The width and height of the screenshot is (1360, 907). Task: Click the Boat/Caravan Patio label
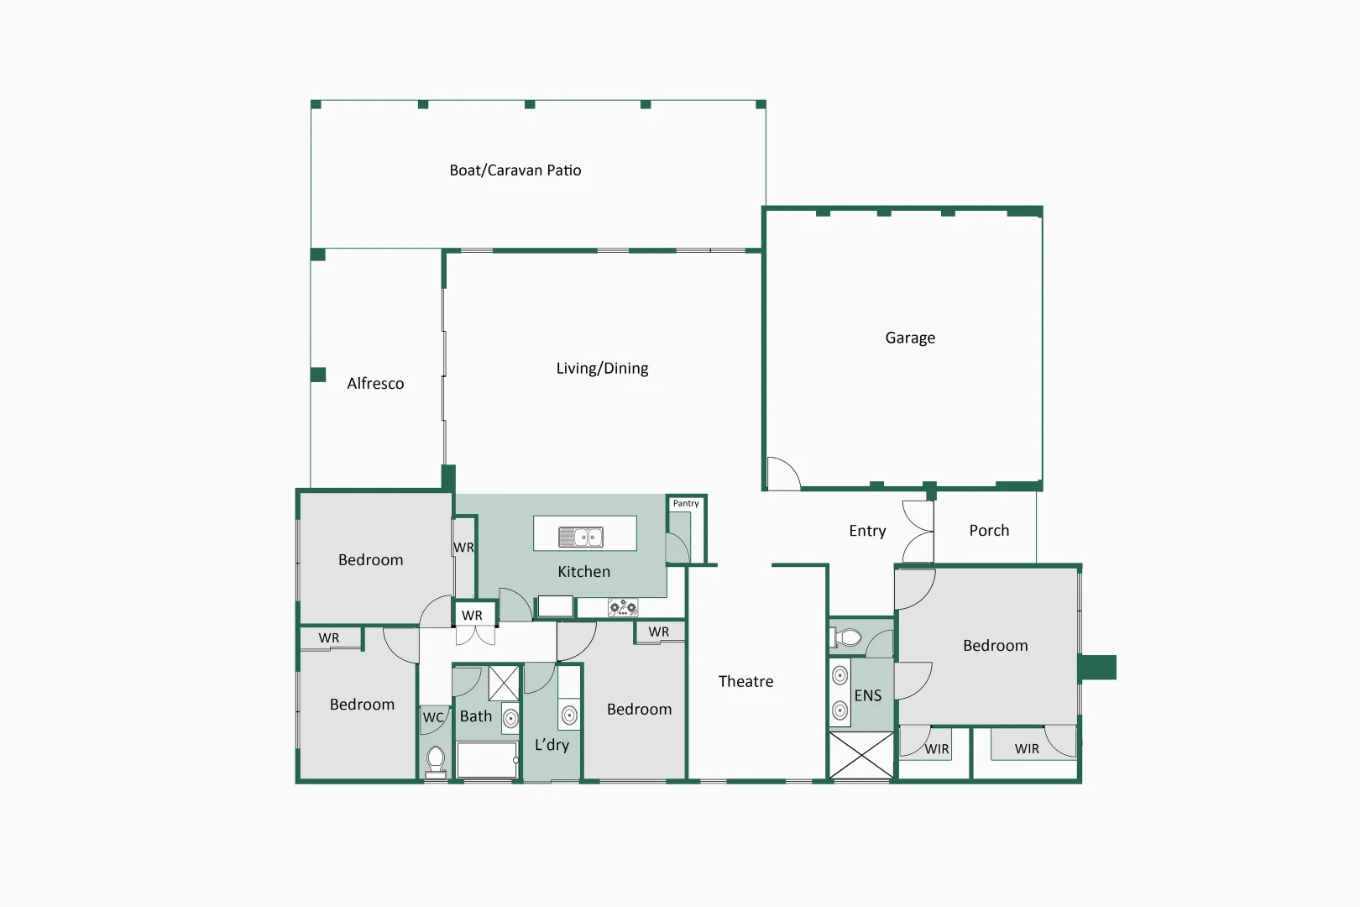(515, 170)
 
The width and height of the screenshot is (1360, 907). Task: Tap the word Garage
(910, 338)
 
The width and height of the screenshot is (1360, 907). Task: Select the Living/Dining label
(602, 369)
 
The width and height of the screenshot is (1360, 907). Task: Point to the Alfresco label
(375, 384)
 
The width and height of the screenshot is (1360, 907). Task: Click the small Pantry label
(685, 504)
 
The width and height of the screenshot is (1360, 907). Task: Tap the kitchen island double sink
(581, 537)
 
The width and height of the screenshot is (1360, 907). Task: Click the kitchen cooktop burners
(623, 607)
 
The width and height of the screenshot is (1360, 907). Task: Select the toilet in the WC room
(436, 760)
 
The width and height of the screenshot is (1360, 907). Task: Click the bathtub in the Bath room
(486, 759)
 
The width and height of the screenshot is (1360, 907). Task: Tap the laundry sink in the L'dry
(569, 716)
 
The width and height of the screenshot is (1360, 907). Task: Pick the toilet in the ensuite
(848, 638)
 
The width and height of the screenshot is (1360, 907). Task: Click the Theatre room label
(745, 682)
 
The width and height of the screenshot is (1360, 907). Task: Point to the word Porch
(989, 531)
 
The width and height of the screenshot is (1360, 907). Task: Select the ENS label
(868, 696)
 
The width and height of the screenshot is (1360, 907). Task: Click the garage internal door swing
(782, 473)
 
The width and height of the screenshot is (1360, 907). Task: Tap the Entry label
(867, 531)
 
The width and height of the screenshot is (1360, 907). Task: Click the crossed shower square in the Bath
(504, 683)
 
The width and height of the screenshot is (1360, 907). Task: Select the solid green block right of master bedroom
(1097, 668)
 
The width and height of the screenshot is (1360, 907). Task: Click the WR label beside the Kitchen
(463, 548)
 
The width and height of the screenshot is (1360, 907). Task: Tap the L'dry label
(552, 745)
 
